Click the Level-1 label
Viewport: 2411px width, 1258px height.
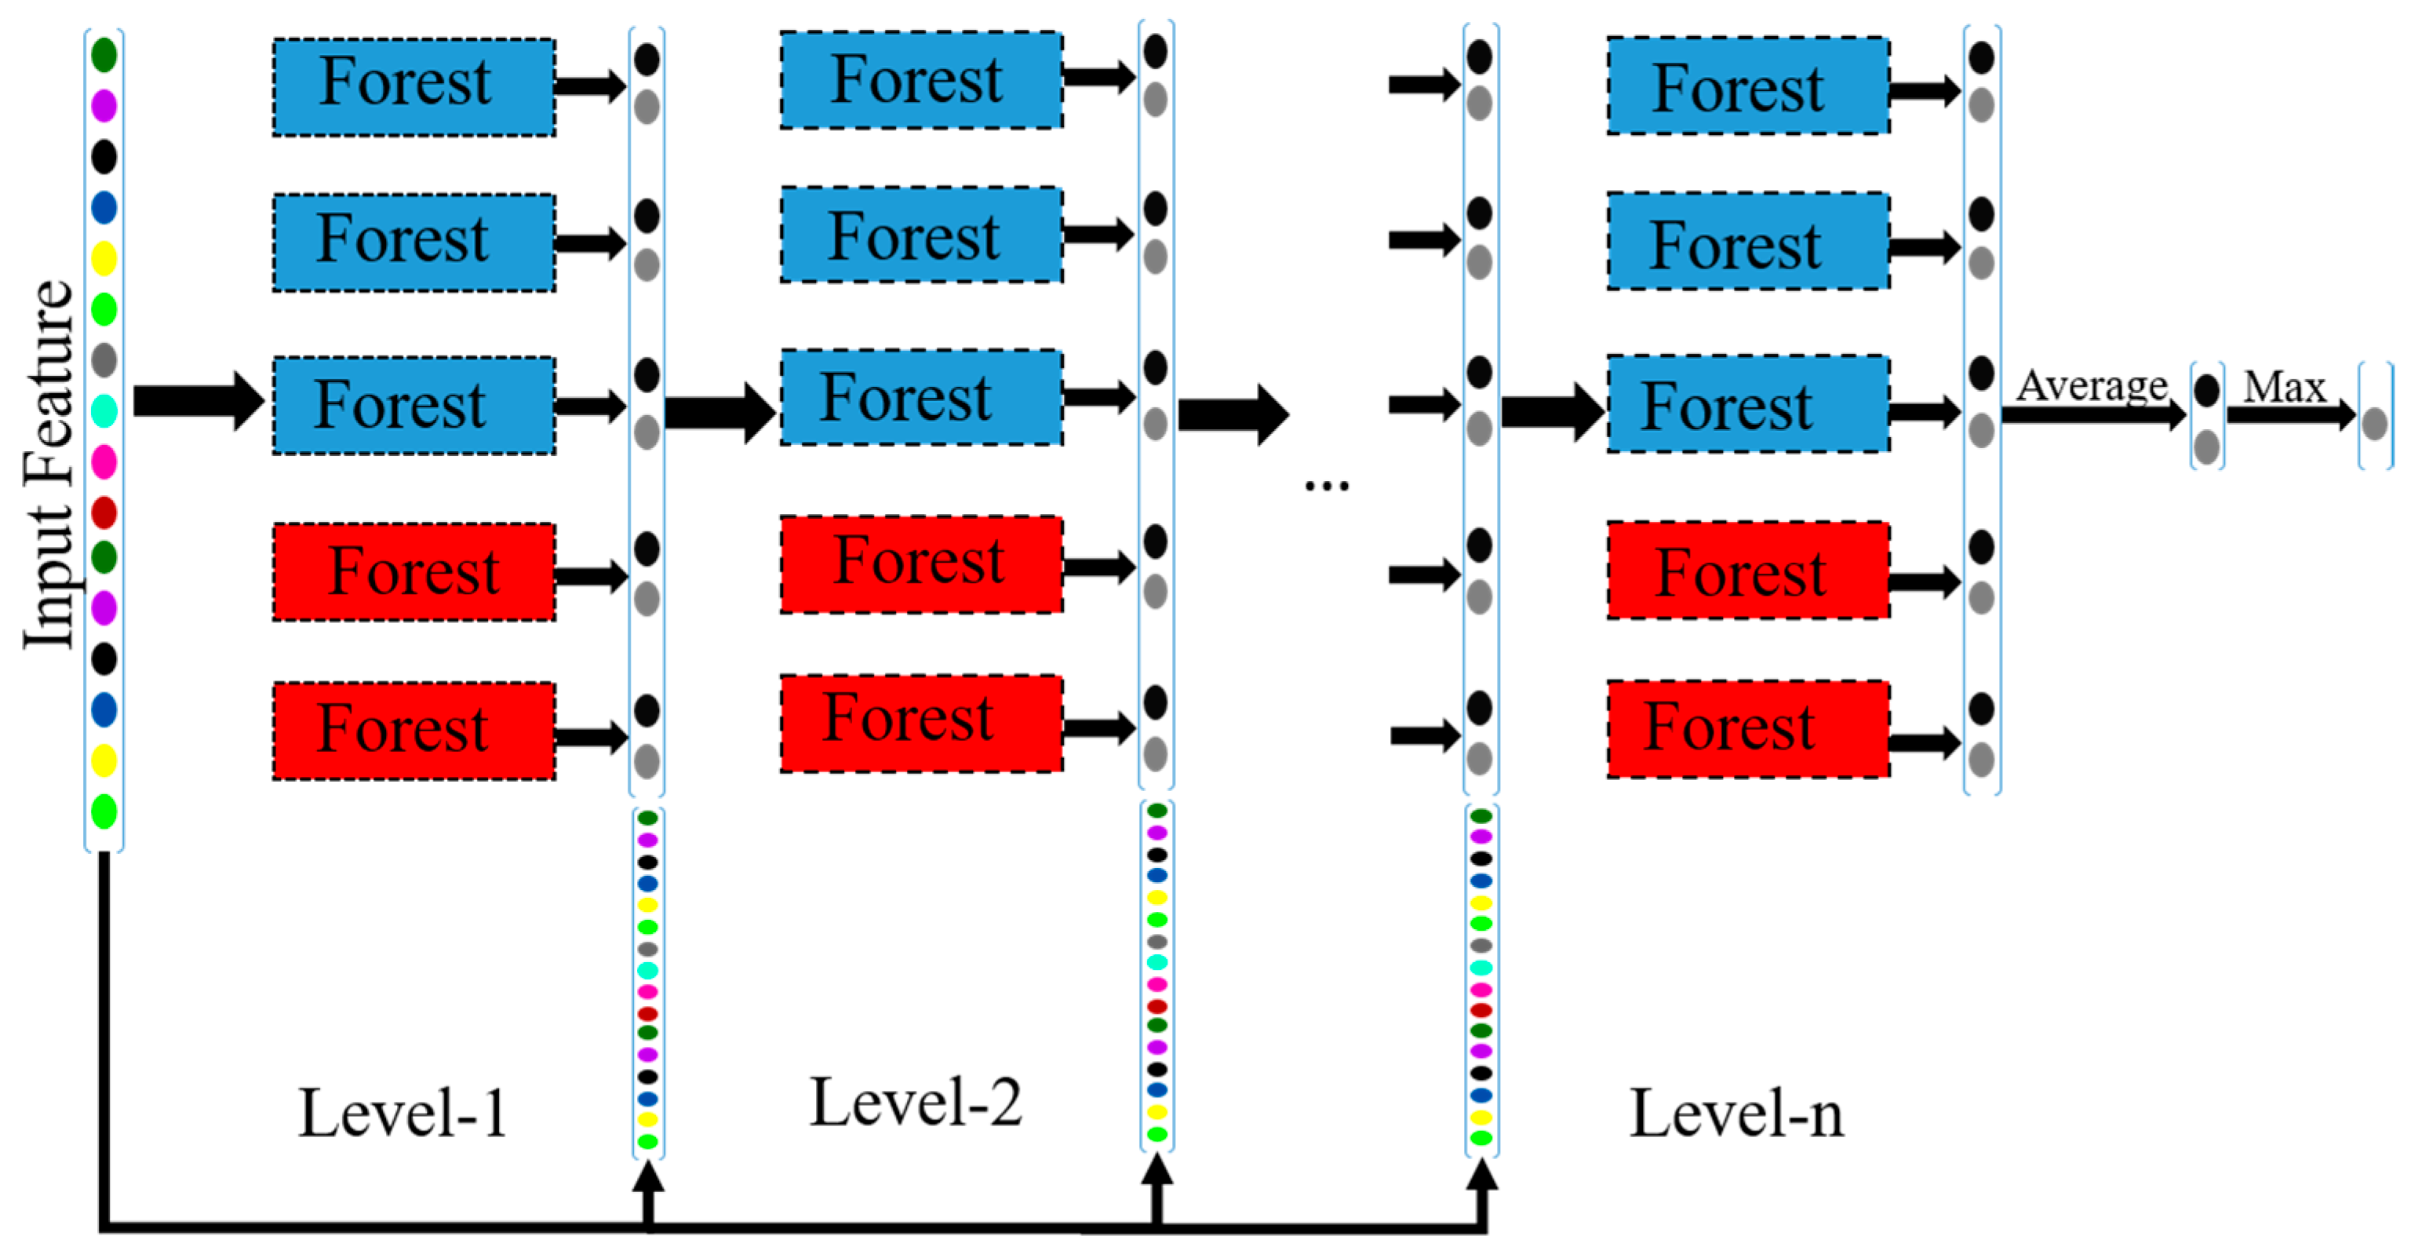tap(403, 1114)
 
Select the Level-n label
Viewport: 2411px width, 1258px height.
tap(1736, 1114)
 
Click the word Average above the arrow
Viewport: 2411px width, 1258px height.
tap(2091, 385)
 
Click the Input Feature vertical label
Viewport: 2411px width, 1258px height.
tap(49, 463)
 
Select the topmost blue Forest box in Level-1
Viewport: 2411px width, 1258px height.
tap(413, 87)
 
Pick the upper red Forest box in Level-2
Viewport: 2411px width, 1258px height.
tap(921, 564)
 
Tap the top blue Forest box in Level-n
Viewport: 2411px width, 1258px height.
tap(1747, 86)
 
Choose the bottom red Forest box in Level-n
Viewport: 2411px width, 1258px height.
tap(1747, 729)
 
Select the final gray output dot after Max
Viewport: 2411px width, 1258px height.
tap(2373, 424)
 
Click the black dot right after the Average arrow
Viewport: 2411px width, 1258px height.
tap(2207, 390)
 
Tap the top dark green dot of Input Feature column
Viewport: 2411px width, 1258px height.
tap(104, 54)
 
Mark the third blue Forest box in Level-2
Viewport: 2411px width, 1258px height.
tap(921, 398)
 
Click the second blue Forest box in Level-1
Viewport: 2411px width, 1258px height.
tap(413, 242)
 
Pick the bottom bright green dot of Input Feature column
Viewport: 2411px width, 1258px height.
tap(104, 811)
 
